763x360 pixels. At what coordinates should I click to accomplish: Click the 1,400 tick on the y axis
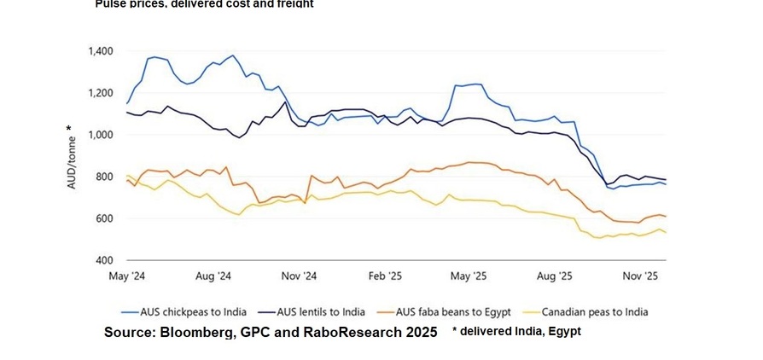click(x=101, y=51)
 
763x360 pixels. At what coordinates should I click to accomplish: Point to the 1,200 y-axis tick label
click(x=101, y=93)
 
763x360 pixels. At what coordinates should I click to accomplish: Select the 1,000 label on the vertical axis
click(x=101, y=135)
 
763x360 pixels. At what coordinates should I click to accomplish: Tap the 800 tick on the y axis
click(x=105, y=177)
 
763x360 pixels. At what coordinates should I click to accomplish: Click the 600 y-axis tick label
click(x=105, y=218)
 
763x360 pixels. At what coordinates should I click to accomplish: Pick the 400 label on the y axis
click(x=105, y=260)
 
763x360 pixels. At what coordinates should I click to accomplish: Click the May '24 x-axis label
click(x=126, y=276)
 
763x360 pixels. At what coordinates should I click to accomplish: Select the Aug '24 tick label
click(x=213, y=276)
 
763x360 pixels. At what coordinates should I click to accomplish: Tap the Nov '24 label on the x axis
click(x=299, y=276)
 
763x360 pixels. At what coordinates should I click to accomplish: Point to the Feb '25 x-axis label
click(x=384, y=276)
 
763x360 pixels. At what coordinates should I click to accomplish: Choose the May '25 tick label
click(x=469, y=276)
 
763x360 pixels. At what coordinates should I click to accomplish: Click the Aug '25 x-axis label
click(x=555, y=276)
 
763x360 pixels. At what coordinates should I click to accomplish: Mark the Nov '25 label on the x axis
click(x=640, y=276)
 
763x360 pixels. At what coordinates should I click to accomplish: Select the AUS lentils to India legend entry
click(x=318, y=312)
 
